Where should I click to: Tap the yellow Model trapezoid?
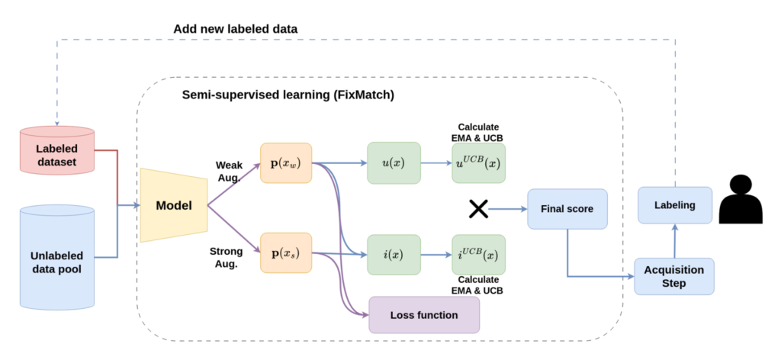(x=174, y=205)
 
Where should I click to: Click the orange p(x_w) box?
(x=286, y=162)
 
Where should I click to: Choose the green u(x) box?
(x=394, y=162)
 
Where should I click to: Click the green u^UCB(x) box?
(x=478, y=162)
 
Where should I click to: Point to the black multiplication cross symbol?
(x=478, y=208)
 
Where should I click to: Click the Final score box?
(x=567, y=208)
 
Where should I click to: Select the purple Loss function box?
(x=424, y=314)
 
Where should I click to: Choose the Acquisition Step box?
(x=674, y=276)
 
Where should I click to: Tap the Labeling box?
(x=674, y=205)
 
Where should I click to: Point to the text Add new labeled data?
(x=236, y=28)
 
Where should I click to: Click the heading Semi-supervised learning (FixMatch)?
(x=288, y=95)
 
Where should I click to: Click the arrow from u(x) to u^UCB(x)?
(x=435, y=162)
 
